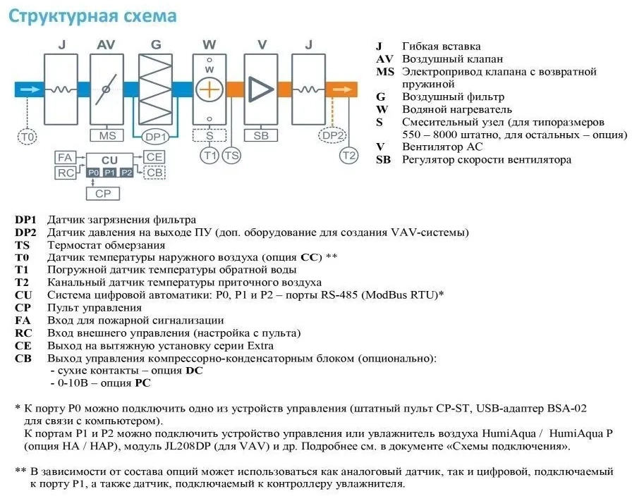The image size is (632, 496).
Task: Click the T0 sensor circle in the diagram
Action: [28, 137]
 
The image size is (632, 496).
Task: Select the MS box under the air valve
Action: [107, 136]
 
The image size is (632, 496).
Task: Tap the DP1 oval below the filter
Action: [156, 137]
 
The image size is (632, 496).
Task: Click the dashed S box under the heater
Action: [209, 136]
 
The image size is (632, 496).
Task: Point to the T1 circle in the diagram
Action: [209, 156]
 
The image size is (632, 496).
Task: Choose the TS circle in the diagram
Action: [231, 156]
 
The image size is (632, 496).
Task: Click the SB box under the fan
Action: [261, 136]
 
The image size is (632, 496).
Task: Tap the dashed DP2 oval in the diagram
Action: [332, 135]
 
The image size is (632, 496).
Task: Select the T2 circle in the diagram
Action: [349, 156]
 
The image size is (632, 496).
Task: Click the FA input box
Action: [66, 157]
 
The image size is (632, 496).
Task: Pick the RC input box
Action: [66, 173]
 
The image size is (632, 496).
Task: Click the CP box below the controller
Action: [103, 194]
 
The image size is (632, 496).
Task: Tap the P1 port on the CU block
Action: [109, 173]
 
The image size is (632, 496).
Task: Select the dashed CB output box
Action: [154, 173]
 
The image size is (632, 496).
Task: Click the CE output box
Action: [154, 157]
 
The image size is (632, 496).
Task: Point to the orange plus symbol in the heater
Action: [209, 89]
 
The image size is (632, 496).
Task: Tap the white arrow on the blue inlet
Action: [30, 89]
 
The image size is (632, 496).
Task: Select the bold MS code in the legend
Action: [385, 72]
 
